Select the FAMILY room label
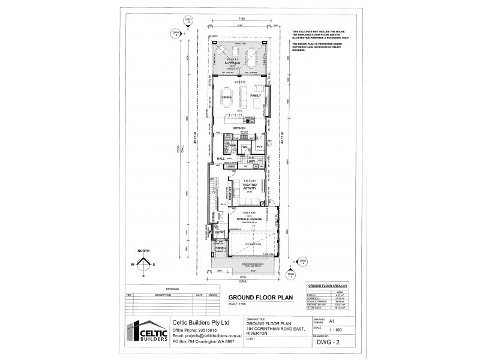pyautogui.click(x=256, y=96)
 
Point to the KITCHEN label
pyautogui.click(x=240, y=128)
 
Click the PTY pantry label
pyautogui.click(x=260, y=147)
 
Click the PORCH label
pyautogui.click(x=220, y=248)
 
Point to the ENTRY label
pyautogui.click(x=220, y=232)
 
